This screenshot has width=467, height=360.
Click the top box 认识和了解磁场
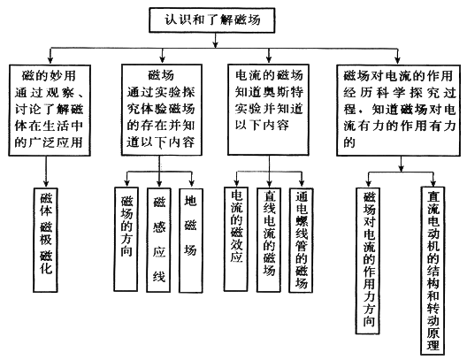(x=211, y=20)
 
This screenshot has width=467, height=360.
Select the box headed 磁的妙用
(x=50, y=111)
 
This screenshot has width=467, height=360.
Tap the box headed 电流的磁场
(x=268, y=110)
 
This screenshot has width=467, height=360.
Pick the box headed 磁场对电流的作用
(x=399, y=111)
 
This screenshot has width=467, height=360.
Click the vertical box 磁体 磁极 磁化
(x=46, y=240)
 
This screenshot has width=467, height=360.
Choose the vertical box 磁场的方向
(x=126, y=239)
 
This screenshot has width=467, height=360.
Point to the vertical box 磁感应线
(x=158, y=240)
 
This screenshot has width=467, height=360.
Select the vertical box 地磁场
(x=191, y=241)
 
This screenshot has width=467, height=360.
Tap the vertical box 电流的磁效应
(x=236, y=239)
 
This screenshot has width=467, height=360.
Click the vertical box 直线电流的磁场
(x=269, y=240)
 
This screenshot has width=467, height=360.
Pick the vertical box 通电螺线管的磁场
(x=301, y=240)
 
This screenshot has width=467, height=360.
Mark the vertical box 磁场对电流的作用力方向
(x=368, y=261)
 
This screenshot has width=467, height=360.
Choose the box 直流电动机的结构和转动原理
(x=433, y=271)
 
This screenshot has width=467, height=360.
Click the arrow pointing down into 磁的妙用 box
(x=50, y=56)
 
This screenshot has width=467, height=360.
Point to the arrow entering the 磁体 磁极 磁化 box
(x=46, y=172)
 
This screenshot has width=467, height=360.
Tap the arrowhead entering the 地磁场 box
(x=192, y=183)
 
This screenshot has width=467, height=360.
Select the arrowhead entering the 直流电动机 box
(x=433, y=182)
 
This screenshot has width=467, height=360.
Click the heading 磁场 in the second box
(x=161, y=74)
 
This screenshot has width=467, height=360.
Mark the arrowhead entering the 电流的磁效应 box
(x=236, y=182)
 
